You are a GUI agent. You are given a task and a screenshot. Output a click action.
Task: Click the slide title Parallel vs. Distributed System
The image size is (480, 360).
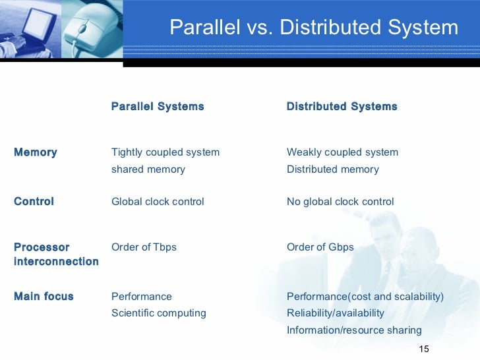click(x=313, y=28)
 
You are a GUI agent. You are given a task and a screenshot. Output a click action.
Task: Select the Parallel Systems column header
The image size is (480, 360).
click(x=158, y=106)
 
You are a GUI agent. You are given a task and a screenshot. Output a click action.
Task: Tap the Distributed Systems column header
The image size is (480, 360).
click(x=342, y=106)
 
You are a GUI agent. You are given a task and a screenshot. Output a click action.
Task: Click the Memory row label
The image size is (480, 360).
click(x=35, y=152)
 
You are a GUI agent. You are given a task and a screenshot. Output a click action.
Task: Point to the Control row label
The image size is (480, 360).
click(x=34, y=201)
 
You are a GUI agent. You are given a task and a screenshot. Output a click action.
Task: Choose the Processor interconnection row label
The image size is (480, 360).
click(x=55, y=255)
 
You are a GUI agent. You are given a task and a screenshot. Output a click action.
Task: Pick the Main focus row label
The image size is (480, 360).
click(x=44, y=297)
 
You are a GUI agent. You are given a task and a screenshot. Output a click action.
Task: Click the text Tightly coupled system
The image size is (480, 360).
click(x=165, y=152)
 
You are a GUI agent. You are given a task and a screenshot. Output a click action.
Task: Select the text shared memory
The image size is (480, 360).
click(x=148, y=169)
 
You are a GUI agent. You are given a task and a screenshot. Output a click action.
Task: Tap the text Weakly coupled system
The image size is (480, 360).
click(x=342, y=152)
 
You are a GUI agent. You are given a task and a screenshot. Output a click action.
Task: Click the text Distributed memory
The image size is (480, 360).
click(x=332, y=169)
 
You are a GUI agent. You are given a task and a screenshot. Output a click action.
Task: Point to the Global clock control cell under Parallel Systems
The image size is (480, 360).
click(x=158, y=201)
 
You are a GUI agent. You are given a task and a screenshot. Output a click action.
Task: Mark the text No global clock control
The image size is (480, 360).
click(x=340, y=201)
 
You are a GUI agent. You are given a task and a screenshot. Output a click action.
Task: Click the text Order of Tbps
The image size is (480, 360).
click(x=144, y=247)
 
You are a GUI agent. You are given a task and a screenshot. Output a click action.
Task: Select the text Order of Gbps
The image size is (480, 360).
click(x=320, y=247)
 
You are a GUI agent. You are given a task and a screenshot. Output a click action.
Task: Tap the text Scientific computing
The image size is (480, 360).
click(x=158, y=313)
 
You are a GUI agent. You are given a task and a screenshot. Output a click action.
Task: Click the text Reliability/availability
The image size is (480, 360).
click(x=335, y=313)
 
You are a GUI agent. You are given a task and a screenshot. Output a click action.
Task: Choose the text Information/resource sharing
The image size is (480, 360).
click(x=354, y=330)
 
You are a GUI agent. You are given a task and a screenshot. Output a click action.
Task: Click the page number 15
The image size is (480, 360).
click(x=424, y=349)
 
